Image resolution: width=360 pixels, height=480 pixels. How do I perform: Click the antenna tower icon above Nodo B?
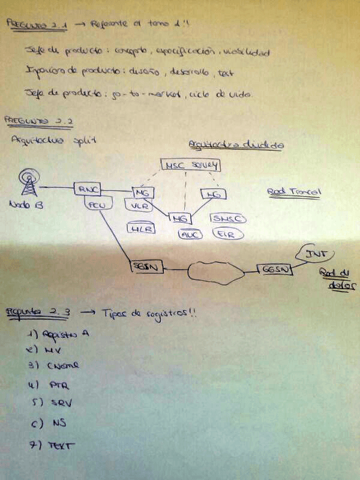[x=28, y=182]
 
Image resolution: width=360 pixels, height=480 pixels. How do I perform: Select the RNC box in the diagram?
[x=86, y=189]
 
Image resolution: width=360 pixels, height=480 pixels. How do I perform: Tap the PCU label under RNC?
[x=96, y=205]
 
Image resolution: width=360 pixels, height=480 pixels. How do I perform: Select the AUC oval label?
[x=190, y=234]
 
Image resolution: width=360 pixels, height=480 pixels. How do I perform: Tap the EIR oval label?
[x=224, y=233]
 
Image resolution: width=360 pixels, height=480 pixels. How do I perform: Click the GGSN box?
[x=276, y=269]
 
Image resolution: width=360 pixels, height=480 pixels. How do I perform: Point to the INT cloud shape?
[x=314, y=254]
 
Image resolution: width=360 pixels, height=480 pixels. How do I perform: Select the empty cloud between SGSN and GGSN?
[x=215, y=271]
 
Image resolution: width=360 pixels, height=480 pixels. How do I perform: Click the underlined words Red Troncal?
[x=294, y=192]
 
